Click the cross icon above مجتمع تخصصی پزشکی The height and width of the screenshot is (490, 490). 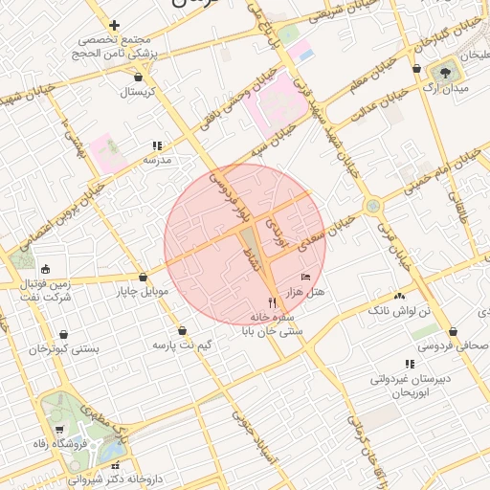click(x=115, y=26)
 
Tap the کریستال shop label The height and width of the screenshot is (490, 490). click(x=140, y=93)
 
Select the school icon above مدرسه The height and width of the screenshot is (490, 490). click(x=156, y=146)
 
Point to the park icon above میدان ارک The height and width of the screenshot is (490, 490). click(x=445, y=71)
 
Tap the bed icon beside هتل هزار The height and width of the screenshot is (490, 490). click(x=306, y=277)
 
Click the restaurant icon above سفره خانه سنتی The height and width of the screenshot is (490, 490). click(x=257, y=302)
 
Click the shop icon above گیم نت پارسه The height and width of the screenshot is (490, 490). click(x=182, y=329)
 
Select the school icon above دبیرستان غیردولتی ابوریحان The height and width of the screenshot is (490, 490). click(x=410, y=364)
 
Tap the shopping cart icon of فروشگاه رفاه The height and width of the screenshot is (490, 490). click(x=60, y=430)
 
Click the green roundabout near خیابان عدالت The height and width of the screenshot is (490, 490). click(x=372, y=204)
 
